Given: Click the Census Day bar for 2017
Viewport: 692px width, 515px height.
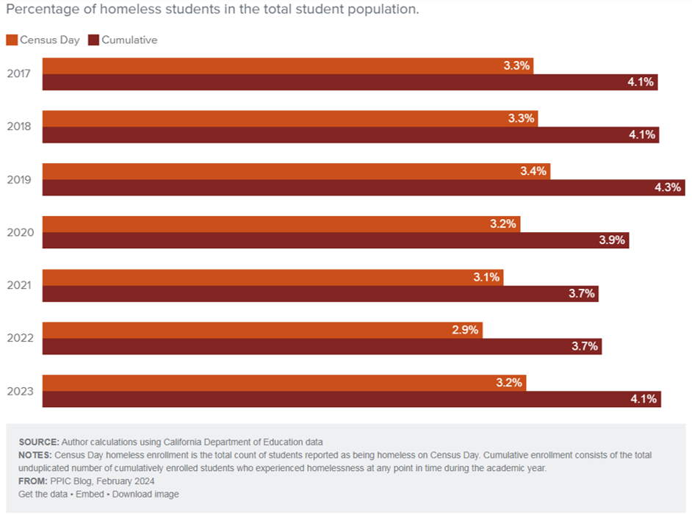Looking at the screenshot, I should [x=287, y=65].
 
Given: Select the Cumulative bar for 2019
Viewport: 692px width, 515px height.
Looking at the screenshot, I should [x=364, y=187].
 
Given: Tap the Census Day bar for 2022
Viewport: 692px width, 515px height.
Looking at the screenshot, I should [x=262, y=330].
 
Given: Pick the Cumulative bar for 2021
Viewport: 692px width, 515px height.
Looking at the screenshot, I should [x=320, y=294].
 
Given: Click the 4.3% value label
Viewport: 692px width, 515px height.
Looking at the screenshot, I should [x=668, y=187].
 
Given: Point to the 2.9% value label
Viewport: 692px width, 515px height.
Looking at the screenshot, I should [x=465, y=330].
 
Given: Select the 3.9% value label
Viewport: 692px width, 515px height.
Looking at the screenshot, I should [x=611, y=240].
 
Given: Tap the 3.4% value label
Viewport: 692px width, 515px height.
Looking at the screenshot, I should [x=533, y=171].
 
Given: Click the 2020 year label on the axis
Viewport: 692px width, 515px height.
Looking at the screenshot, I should [x=19, y=233].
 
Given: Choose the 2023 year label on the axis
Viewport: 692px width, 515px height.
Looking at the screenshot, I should [x=19, y=392].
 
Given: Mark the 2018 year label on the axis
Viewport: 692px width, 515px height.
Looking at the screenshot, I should [x=19, y=126].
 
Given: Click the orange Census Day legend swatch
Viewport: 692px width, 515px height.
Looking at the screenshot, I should [x=11, y=40].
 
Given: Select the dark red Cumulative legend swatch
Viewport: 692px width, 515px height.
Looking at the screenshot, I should [x=93, y=40].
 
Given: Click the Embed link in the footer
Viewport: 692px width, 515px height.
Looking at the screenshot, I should [x=90, y=494].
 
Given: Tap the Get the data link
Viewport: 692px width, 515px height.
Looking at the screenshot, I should [x=43, y=494].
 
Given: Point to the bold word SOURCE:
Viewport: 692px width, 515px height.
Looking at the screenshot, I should [x=39, y=442].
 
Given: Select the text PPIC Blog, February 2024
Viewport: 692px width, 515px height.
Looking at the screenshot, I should [x=102, y=481].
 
